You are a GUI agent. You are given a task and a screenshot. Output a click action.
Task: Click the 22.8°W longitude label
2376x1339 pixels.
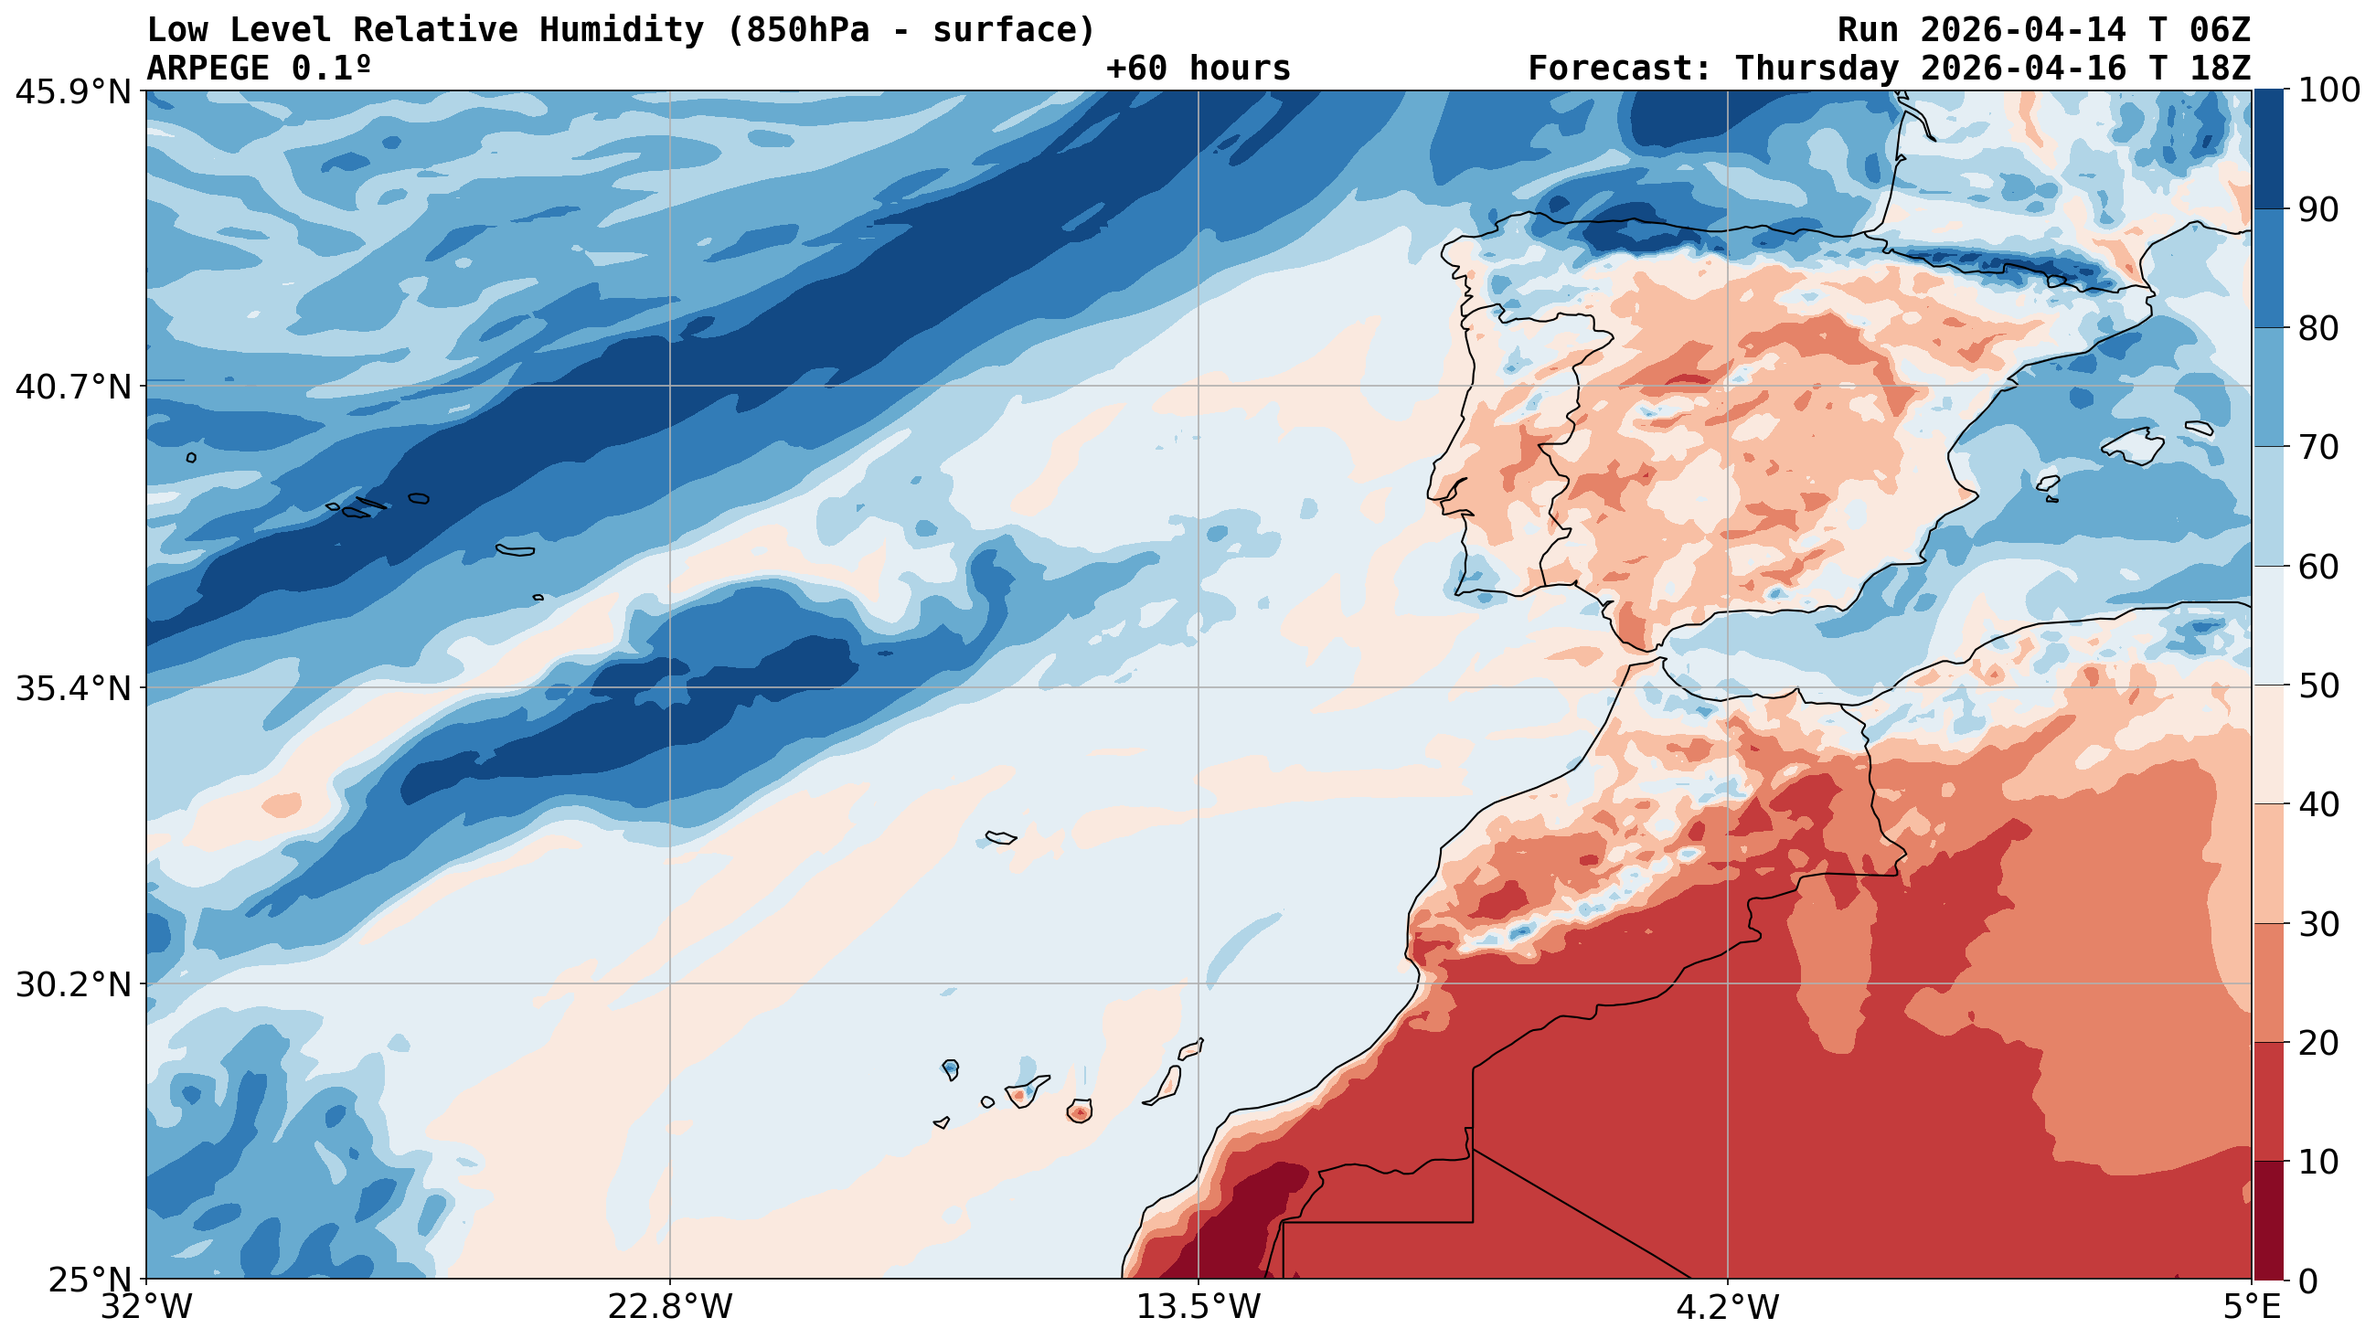click(669, 1308)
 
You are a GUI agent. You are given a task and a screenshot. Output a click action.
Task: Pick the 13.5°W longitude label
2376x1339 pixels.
click(1199, 1308)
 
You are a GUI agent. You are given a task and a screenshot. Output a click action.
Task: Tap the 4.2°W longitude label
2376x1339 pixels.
click(1727, 1308)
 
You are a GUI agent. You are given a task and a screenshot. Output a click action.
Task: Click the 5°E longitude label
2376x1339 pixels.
click(2251, 1308)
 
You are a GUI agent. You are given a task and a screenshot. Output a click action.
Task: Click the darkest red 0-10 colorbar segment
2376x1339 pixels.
click(2268, 1221)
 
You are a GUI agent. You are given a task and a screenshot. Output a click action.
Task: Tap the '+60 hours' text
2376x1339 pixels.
click(1199, 69)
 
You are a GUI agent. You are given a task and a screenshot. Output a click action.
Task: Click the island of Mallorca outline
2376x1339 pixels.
click(2134, 447)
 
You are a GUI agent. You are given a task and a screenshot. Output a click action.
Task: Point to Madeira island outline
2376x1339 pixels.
click(1001, 837)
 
